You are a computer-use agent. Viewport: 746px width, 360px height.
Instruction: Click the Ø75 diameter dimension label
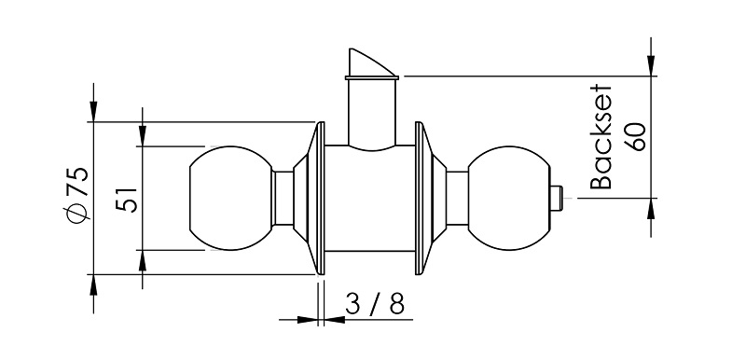click(x=76, y=195)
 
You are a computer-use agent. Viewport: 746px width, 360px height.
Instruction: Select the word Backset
click(x=600, y=138)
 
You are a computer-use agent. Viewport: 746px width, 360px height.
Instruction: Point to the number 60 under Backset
click(x=636, y=137)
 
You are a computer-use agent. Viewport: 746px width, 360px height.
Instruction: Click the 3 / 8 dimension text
click(x=375, y=303)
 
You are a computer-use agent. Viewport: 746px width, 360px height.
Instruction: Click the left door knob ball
click(x=231, y=198)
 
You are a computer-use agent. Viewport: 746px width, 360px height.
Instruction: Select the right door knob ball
click(x=508, y=198)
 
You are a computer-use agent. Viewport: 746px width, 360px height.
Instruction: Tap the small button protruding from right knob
click(x=557, y=198)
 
